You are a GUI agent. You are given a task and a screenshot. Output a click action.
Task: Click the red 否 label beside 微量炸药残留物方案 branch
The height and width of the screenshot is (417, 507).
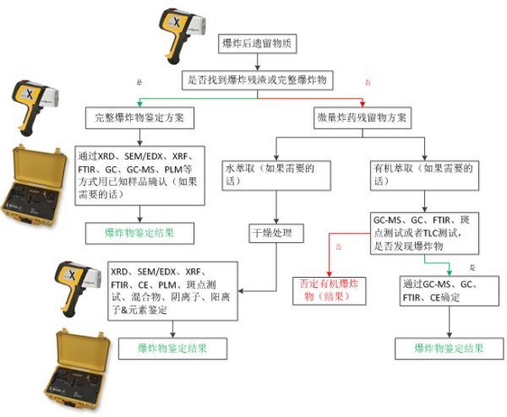pos(367,84)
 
